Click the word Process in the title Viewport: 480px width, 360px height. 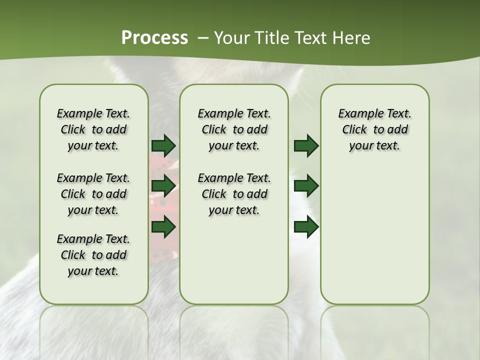pos(154,38)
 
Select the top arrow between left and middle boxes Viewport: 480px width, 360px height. pos(163,145)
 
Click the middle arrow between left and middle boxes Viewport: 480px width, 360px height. pos(163,186)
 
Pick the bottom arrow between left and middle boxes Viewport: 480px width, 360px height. pos(163,227)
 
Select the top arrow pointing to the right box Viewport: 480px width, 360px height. pos(306,145)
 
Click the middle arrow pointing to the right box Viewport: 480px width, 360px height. pos(306,186)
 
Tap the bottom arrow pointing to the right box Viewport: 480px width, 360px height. pos(306,227)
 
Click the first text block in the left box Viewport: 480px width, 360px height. pos(93,129)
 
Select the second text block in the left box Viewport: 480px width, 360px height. pos(93,194)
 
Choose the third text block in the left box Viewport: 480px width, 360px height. pos(93,255)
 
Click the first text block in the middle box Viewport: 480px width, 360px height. pos(234,129)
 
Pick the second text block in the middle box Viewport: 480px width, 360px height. pos(234,194)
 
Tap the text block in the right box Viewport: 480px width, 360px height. pos(374,129)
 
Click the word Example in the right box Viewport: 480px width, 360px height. pos(357,114)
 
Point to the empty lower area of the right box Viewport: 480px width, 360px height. pos(374,235)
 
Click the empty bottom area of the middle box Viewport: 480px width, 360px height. pos(234,265)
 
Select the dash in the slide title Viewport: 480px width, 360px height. pos(203,38)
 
